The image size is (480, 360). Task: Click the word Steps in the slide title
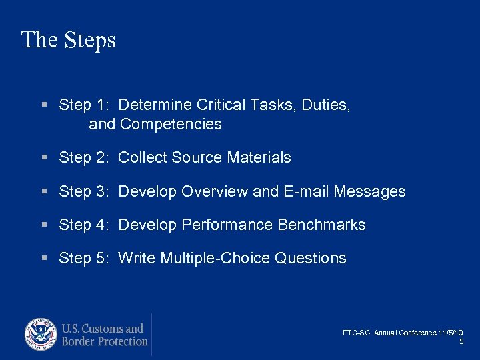91,40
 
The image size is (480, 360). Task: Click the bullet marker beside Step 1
45,105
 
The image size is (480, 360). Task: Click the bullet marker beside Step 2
45,158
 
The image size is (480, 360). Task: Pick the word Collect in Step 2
143,158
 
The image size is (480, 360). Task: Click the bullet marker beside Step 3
45,192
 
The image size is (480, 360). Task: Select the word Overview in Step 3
215,192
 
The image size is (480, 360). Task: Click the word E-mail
306,192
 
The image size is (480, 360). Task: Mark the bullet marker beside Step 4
45,225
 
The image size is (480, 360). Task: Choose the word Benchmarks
321,225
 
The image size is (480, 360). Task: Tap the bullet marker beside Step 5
45,259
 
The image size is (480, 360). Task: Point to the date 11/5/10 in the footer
451,333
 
